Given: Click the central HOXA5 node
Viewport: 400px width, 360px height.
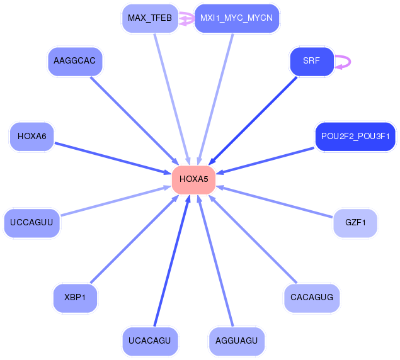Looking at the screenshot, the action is click(193, 179).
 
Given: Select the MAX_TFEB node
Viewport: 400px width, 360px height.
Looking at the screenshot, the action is click(150, 18).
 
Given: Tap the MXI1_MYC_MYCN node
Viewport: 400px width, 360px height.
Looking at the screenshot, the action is click(236, 18).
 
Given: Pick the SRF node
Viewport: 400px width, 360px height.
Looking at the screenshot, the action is click(312, 61).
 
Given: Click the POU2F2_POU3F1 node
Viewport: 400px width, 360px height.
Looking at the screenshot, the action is click(355, 137).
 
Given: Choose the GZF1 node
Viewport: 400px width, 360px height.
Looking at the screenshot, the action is click(355, 223).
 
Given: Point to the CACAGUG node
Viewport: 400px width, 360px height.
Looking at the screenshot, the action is click(312, 298).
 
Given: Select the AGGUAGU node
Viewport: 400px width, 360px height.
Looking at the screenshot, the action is click(236, 341).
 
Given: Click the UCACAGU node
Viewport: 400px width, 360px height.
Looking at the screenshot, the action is click(150, 341).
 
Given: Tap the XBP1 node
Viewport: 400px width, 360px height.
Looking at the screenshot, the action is click(75, 298).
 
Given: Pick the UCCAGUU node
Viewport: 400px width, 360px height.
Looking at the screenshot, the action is click(32, 223).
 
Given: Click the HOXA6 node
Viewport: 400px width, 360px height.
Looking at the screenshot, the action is click(32, 137).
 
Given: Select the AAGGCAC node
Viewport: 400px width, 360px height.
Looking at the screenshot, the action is click(75, 61).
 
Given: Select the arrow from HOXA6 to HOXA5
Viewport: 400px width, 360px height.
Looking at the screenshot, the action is click(113, 159).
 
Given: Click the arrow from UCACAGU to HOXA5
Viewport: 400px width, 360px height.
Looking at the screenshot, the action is click(172, 261).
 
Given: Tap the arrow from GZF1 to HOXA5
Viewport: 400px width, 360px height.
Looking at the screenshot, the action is click(275, 201).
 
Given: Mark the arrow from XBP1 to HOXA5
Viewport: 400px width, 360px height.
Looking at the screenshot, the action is click(134, 239).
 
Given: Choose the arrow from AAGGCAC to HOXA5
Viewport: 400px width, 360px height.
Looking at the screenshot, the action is click(134, 121).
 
